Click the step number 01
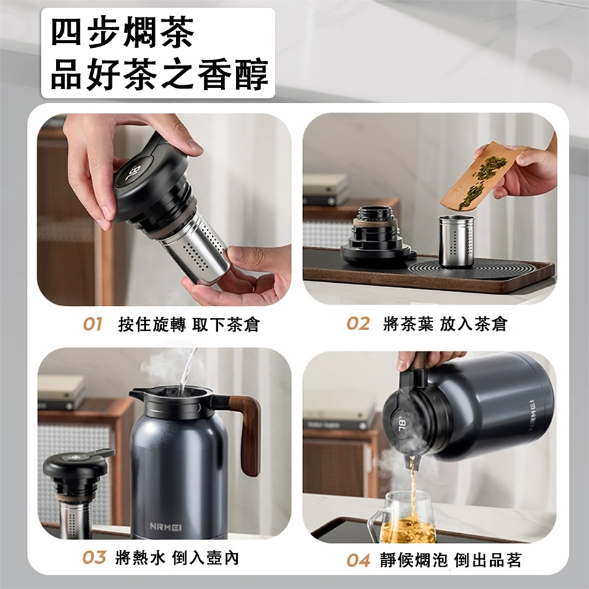(93, 324)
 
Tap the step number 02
(358, 324)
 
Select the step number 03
(94, 558)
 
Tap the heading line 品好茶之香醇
(160, 74)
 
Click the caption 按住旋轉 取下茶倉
(189, 324)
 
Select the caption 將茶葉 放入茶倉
(445, 324)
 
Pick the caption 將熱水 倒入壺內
(177, 558)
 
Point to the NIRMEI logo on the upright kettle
(166, 526)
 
